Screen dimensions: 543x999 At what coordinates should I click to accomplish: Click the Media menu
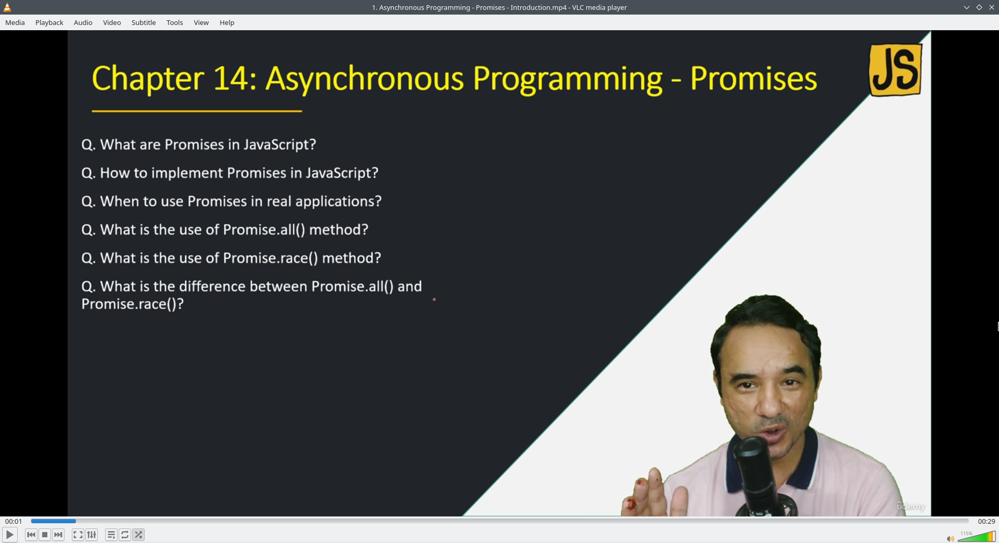click(15, 22)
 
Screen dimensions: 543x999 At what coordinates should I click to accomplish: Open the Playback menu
click(49, 22)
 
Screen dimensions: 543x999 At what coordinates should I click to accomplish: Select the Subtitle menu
click(143, 22)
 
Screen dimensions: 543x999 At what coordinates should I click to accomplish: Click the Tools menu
click(174, 22)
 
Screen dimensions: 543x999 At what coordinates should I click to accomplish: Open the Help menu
click(227, 22)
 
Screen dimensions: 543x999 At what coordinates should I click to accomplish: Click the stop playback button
click(45, 535)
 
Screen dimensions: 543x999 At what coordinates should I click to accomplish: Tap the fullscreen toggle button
click(78, 535)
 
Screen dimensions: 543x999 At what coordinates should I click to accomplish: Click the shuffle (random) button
click(138, 535)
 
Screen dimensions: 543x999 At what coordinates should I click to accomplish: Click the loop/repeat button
click(125, 535)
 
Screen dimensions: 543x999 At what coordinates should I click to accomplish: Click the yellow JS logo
click(895, 70)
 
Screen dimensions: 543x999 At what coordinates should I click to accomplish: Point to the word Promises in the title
click(753, 79)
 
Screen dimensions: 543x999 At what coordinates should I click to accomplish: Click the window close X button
click(991, 7)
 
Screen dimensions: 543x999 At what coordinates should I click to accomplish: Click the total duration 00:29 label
click(986, 521)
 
